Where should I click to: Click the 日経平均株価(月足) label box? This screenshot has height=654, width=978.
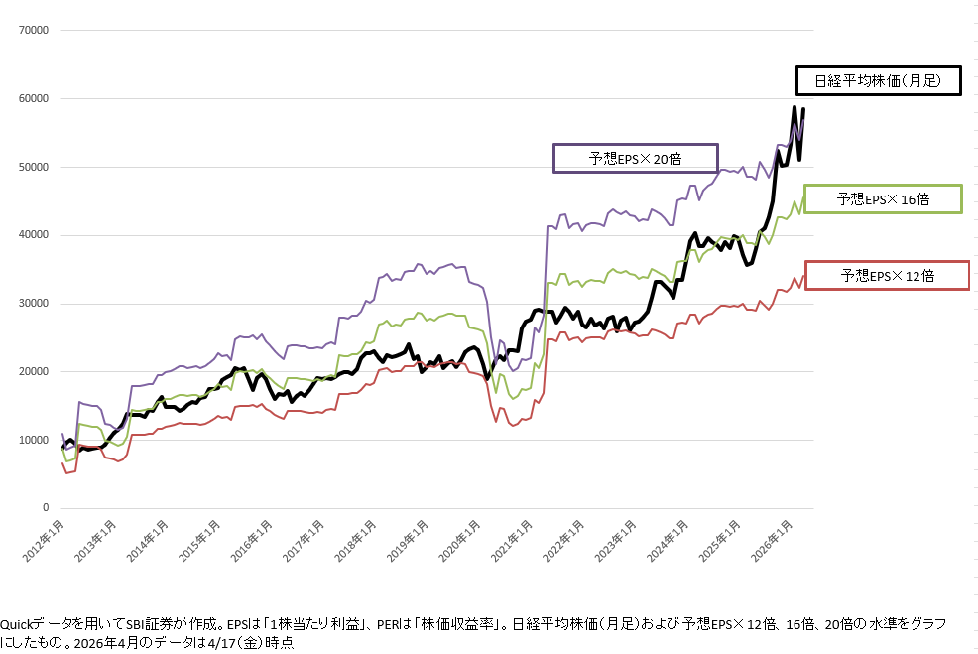(x=877, y=80)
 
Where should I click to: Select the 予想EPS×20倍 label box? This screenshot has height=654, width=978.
(x=635, y=158)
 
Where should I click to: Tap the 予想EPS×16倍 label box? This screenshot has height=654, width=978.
(x=883, y=198)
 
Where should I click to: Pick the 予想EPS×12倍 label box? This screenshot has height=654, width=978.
(x=887, y=275)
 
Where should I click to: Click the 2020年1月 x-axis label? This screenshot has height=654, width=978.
(x=464, y=540)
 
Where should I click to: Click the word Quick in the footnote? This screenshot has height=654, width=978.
(x=17, y=624)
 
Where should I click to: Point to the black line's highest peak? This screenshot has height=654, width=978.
(x=795, y=107)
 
